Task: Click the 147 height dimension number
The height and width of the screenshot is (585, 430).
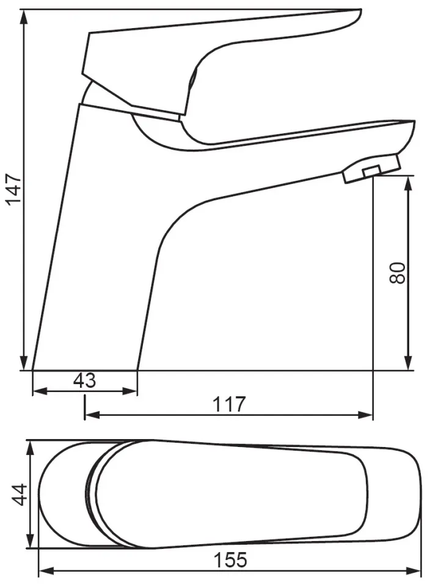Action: [15, 189]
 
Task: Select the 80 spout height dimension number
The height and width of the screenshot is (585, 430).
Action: [397, 273]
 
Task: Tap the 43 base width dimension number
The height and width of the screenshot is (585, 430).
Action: [85, 380]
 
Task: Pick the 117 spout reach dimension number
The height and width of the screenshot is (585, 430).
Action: [229, 404]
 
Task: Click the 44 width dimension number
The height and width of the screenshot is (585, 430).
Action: [18, 495]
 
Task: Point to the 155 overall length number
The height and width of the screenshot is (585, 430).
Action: [230, 560]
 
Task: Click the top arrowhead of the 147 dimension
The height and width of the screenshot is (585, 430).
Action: [24, 17]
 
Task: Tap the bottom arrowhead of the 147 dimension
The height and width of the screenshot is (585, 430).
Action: [24, 363]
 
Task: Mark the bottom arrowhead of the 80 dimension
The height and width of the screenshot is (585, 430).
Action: [409, 363]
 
